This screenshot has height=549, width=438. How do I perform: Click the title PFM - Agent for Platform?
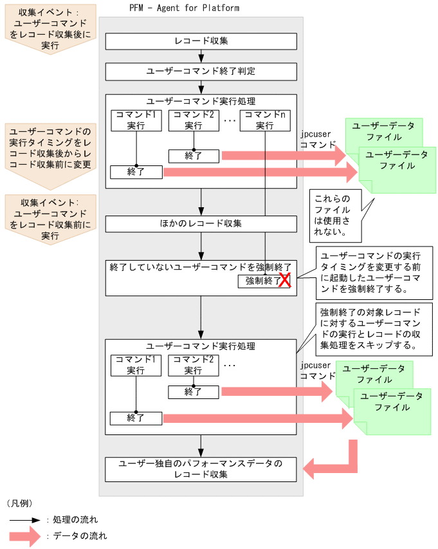(184, 8)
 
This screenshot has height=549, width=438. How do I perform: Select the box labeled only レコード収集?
(201, 41)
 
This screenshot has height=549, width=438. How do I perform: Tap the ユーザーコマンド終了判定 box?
(201, 71)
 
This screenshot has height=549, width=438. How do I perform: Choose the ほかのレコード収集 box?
(201, 223)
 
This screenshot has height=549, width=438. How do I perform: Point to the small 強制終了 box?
(259, 281)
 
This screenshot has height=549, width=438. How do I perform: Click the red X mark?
(284, 279)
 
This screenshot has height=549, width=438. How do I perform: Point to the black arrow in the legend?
(25, 519)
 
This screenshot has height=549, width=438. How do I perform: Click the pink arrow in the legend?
(25, 535)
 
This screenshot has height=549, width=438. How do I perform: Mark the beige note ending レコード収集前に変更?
(49, 147)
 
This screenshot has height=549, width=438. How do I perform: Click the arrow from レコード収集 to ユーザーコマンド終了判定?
(201, 56)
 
